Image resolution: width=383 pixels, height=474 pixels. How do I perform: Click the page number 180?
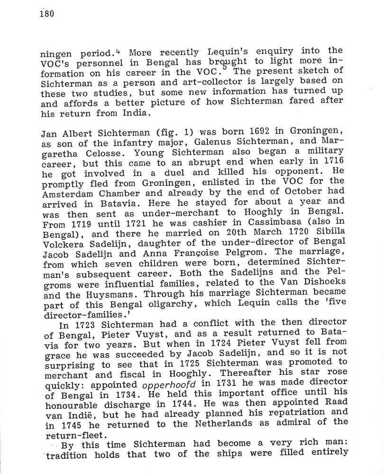[x=47, y=13]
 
